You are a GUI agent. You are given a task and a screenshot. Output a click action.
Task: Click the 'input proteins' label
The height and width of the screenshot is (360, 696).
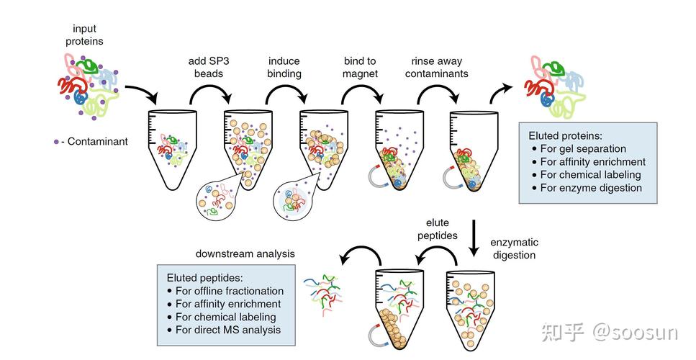tap(84, 35)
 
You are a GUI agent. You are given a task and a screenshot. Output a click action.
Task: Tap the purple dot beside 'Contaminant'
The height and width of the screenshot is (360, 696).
tap(55, 142)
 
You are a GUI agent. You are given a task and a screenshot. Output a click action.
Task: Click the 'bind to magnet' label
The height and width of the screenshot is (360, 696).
tap(360, 68)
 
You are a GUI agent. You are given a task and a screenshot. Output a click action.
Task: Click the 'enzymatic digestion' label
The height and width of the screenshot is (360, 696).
tap(514, 248)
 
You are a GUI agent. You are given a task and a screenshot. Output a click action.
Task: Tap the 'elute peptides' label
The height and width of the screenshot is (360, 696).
tap(441, 230)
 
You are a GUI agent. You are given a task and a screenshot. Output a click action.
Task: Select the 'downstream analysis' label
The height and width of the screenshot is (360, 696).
tap(245, 254)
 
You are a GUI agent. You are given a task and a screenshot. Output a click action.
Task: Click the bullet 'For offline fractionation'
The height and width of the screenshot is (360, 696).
tap(229, 292)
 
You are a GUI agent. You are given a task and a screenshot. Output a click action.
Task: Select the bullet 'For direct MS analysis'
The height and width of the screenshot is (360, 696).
tap(227, 330)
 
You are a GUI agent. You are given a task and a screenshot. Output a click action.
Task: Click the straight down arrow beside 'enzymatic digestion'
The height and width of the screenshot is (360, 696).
tap(475, 238)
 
